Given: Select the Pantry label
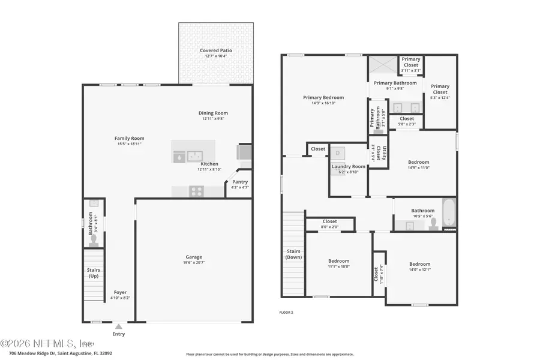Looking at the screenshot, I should [240, 182].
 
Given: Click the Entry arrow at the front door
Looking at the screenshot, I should [118, 326].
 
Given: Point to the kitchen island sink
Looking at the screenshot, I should [194, 155].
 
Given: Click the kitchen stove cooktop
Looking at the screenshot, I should [196, 192].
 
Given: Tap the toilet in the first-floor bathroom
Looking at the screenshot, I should [93, 241].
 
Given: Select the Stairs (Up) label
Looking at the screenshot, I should [94, 273].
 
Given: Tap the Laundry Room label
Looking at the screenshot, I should [349, 166].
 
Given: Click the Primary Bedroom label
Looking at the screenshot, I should [323, 97].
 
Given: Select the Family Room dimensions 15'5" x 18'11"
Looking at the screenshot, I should [130, 144].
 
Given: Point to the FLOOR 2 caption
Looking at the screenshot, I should [286, 313].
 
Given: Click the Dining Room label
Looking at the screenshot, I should [213, 113].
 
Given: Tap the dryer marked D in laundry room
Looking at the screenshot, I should [337, 152].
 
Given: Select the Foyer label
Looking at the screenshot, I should [120, 292].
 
